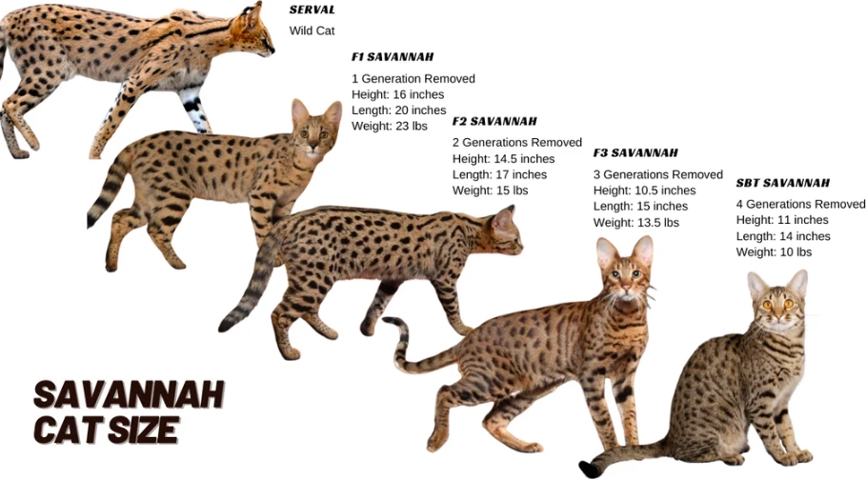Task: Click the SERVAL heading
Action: pos(312,10)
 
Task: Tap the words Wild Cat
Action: pos(312,30)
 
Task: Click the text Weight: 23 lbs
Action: pos(390,126)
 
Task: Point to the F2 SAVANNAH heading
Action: pos(493,122)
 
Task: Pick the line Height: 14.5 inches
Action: pos(503,159)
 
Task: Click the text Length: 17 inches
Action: pos(499,175)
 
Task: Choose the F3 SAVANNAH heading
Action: pos(635,153)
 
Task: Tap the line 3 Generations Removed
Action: pos(657,175)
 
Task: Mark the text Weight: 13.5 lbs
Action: pos(635,223)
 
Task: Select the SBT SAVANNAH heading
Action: pos(782,183)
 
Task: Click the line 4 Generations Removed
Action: pos(800,205)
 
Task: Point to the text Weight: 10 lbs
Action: pos(774,252)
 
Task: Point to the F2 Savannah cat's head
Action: pos(505,232)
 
